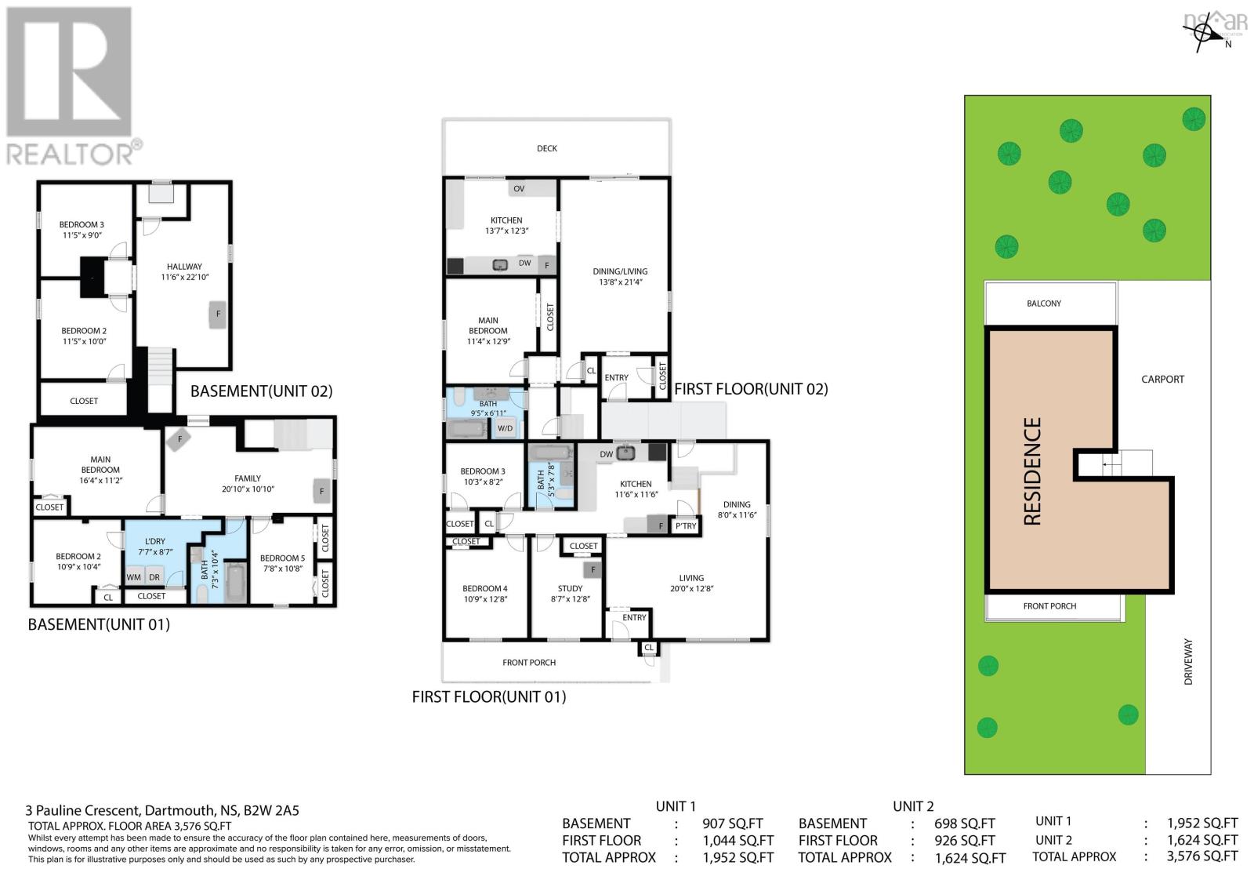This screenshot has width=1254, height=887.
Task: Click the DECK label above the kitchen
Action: click(547, 148)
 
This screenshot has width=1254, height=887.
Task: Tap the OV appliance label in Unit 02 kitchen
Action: click(519, 189)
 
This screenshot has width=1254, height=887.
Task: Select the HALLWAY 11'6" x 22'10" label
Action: click(184, 271)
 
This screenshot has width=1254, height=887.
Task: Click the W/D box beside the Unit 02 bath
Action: click(506, 428)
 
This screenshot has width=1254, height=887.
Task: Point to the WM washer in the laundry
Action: click(134, 577)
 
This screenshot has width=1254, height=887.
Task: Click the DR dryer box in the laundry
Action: click(154, 577)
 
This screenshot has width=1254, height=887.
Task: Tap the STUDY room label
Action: click(570, 593)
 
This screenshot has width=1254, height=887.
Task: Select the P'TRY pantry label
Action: click(686, 526)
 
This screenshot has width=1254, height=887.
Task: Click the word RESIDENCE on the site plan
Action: click(1032, 471)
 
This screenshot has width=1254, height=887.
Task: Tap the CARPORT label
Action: click(1162, 379)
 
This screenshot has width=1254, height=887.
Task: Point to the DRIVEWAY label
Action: click(1188, 662)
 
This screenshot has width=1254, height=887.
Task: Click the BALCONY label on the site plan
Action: click(1044, 304)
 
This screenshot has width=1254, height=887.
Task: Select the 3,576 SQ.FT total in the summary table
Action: click(1202, 856)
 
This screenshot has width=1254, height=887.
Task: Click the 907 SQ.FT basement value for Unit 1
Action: click(733, 823)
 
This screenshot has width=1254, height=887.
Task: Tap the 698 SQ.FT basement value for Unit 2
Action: click(965, 823)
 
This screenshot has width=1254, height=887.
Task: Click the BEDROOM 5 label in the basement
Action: click(282, 563)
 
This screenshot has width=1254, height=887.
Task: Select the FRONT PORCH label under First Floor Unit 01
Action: click(529, 663)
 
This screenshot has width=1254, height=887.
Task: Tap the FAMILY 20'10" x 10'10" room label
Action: click(248, 483)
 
